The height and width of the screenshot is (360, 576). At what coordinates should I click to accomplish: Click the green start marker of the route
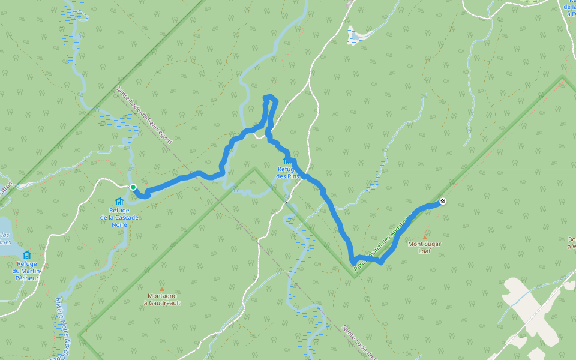click(x=133, y=187)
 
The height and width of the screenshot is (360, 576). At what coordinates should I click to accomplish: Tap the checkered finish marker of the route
click(x=442, y=202)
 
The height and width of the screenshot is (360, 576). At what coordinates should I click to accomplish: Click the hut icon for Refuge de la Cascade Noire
click(x=119, y=202)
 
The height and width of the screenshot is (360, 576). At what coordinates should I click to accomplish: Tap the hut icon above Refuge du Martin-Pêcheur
click(x=27, y=254)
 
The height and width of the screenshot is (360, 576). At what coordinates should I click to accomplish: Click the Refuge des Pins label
click(x=288, y=173)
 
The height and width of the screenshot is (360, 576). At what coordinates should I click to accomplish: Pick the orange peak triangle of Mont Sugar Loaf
click(x=425, y=237)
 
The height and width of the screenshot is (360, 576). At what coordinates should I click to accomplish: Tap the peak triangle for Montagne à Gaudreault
click(x=161, y=289)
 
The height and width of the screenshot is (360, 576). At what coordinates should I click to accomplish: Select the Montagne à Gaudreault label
click(x=161, y=299)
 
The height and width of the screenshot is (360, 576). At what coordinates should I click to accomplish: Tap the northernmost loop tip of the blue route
click(x=269, y=96)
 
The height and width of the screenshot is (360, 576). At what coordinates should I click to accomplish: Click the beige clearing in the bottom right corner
click(x=528, y=312)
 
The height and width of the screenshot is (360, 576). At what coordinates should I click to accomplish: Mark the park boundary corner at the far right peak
click(x=562, y=76)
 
